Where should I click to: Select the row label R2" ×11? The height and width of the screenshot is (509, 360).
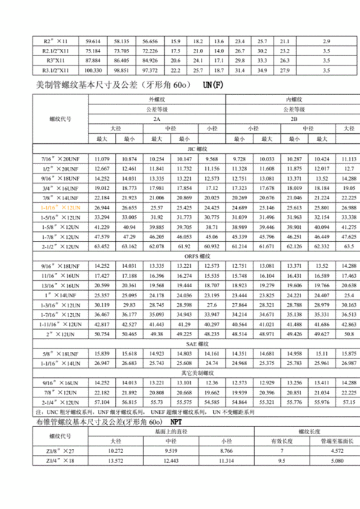55,41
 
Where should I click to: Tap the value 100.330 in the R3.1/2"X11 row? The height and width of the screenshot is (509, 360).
93,71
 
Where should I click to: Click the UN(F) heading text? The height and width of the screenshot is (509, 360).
214,86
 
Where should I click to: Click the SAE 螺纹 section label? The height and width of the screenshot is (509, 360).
196,345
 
